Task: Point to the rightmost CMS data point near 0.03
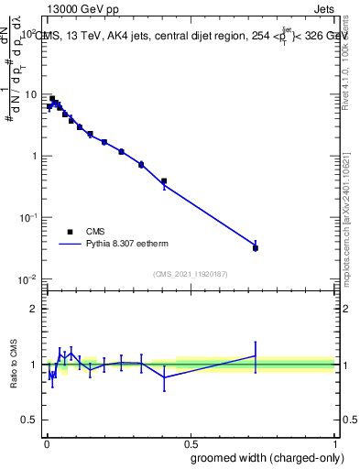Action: tap(256, 248)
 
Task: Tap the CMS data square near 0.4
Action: tap(164, 181)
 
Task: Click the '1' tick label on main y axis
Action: tap(34, 156)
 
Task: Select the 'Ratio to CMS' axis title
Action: tap(13, 364)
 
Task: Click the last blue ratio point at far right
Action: tap(256, 355)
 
